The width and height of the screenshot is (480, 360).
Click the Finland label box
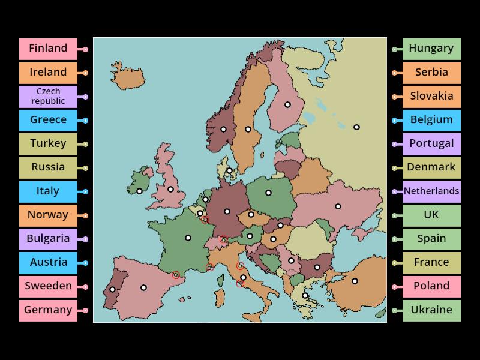point(48,49)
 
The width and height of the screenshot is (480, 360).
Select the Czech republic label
point(48,97)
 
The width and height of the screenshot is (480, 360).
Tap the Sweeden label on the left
point(48,286)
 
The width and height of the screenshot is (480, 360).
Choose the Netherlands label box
point(431,191)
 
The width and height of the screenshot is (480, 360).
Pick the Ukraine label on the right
point(431,310)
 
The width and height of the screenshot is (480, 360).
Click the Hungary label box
point(431,49)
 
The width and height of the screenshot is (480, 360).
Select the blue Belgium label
point(431,120)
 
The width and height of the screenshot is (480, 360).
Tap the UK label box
point(431,215)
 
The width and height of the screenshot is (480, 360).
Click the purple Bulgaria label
point(48,239)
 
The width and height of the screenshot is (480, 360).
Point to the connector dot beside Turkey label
point(86,144)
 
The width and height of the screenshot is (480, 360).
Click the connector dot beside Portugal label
point(394,144)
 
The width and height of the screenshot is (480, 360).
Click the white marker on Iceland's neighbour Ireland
point(139,191)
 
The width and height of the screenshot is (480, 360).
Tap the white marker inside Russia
point(356,127)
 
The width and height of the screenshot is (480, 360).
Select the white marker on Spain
point(143,287)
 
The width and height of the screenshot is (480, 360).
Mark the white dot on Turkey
point(355,281)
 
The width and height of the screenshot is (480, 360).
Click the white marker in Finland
point(287,104)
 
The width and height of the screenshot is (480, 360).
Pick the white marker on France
point(188,238)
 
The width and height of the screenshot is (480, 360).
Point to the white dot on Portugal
point(113,290)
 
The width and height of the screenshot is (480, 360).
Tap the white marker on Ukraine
point(338,206)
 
